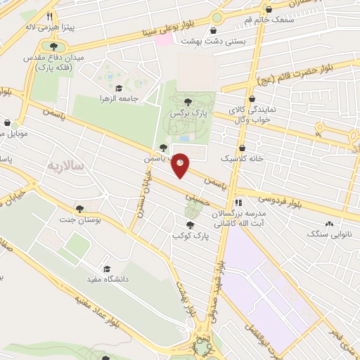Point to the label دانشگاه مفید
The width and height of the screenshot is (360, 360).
pyautogui.click(x=107, y=280)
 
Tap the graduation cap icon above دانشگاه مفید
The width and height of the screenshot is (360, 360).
pyautogui.click(x=107, y=269)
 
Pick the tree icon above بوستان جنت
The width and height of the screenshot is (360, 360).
pyautogui.click(x=79, y=209)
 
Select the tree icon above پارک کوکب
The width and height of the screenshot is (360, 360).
pyautogui.click(x=189, y=225)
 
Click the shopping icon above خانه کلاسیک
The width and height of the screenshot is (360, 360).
pyautogui.click(x=243, y=148)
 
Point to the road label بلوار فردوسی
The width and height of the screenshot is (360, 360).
pyautogui.click(x=296, y=201)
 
